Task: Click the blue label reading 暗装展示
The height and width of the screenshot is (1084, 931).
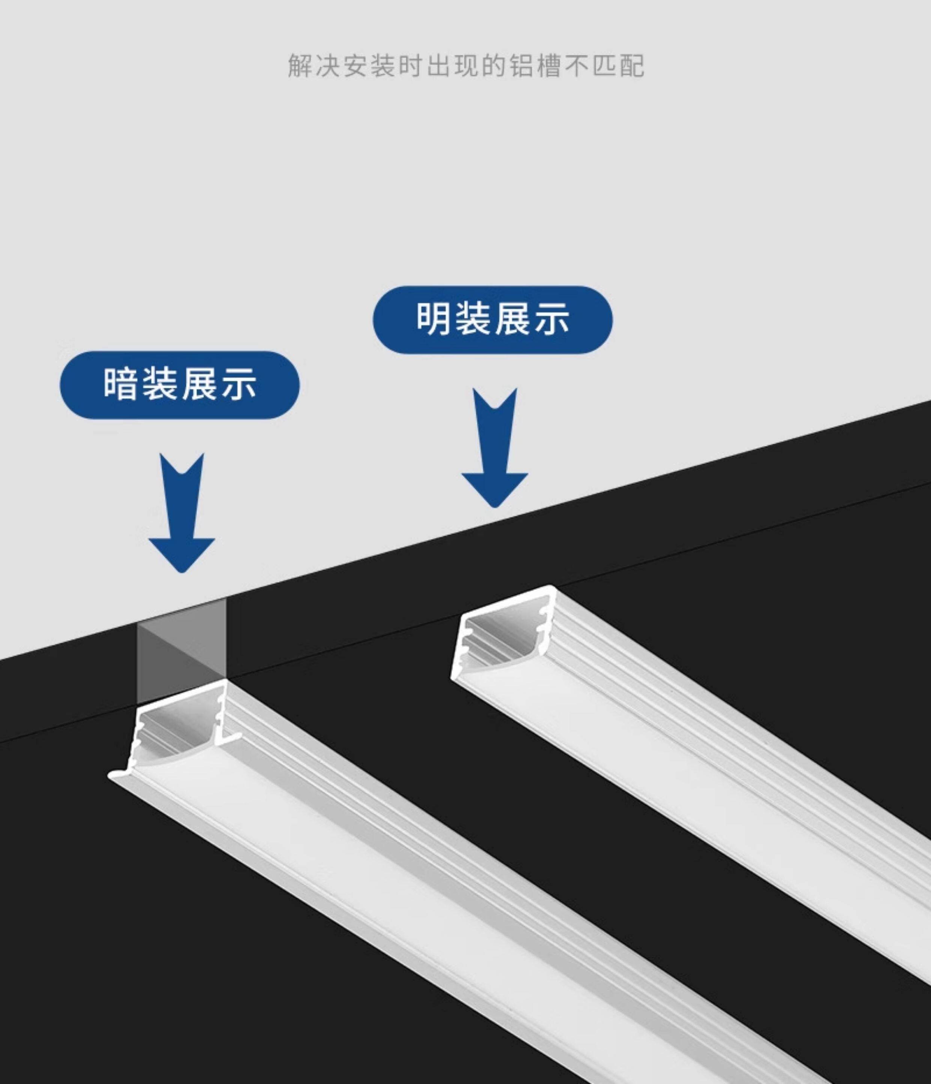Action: (x=179, y=384)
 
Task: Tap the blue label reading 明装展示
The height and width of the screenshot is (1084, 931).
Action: (x=493, y=319)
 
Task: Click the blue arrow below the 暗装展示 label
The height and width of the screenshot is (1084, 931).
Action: (x=182, y=513)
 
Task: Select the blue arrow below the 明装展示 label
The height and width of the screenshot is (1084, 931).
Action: (x=494, y=448)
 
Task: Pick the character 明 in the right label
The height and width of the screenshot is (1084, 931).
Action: (x=433, y=319)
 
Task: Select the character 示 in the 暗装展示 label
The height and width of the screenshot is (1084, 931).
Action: (x=239, y=384)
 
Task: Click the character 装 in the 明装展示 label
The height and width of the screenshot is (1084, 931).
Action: (x=473, y=319)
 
